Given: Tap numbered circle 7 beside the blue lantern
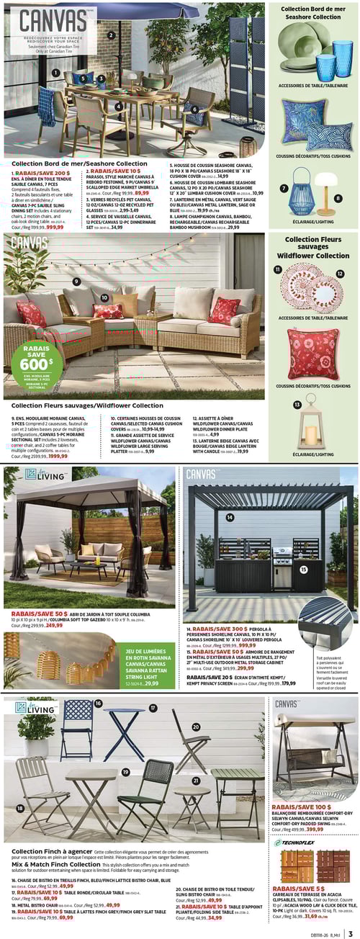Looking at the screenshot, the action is pos(284,189).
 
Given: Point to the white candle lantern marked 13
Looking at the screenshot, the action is pos(311,424).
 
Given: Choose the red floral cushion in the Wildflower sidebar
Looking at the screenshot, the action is pos(312,354).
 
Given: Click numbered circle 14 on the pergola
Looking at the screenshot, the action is pos(230,517).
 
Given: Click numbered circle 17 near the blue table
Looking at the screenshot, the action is pos(153,708).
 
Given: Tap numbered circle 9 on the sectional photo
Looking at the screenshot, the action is pos(76,282).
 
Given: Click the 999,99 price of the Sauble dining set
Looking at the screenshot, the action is pos(55,227).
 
